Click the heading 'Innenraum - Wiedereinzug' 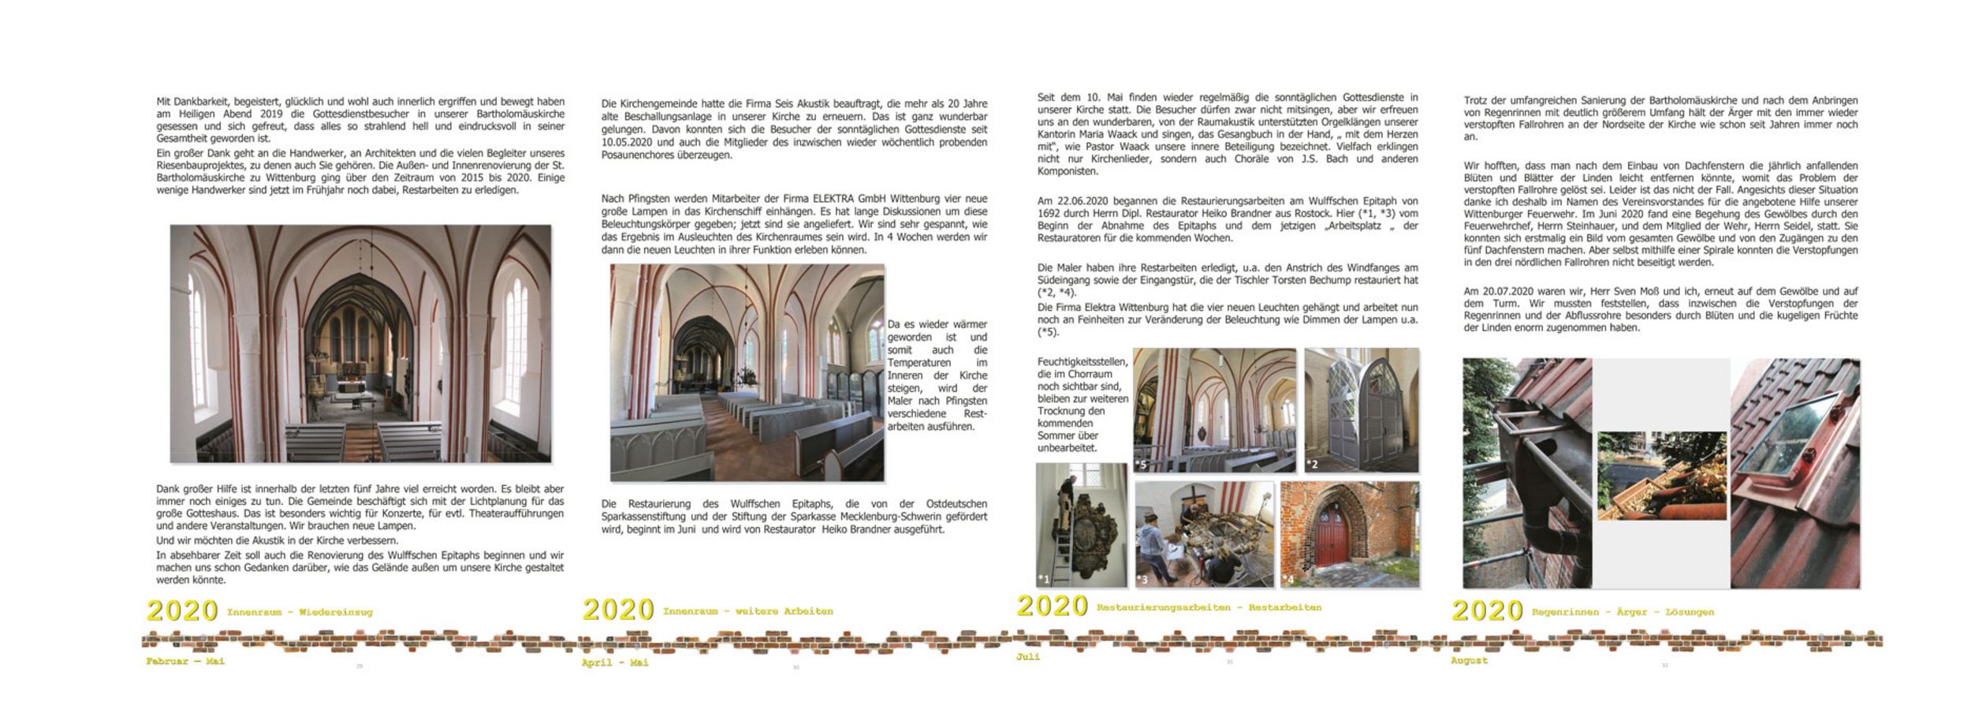tap(300, 612)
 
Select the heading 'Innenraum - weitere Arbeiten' tap(747, 611)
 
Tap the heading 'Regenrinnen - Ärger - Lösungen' tap(1623, 612)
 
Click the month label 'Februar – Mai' tap(185, 661)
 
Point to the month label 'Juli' tap(1028, 656)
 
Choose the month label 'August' tap(1469, 660)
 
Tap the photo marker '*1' tap(1044, 580)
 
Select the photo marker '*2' tap(1312, 465)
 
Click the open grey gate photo tap(1362, 410)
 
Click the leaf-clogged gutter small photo tap(1662, 475)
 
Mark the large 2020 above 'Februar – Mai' tap(182, 611)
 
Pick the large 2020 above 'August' tap(1487, 611)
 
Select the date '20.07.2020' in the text tap(1505, 291)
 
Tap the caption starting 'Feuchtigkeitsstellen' tap(1082, 405)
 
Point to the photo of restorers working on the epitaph tap(1204, 535)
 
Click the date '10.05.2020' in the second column tap(628, 143)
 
